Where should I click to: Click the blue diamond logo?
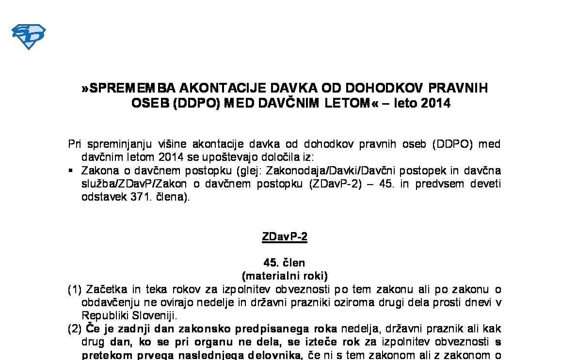click(x=28, y=37)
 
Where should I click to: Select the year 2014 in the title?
click(x=436, y=103)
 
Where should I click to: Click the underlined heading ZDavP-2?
click(x=284, y=237)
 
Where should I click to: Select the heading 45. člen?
click(x=284, y=263)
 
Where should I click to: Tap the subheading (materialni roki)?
click(x=285, y=276)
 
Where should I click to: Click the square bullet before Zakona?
click(x=71, y=171)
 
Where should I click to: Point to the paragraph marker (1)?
click(x=75, y=289)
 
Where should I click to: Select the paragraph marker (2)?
click(x=75, y=329)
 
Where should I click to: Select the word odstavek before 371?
click(x=103, y=197)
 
